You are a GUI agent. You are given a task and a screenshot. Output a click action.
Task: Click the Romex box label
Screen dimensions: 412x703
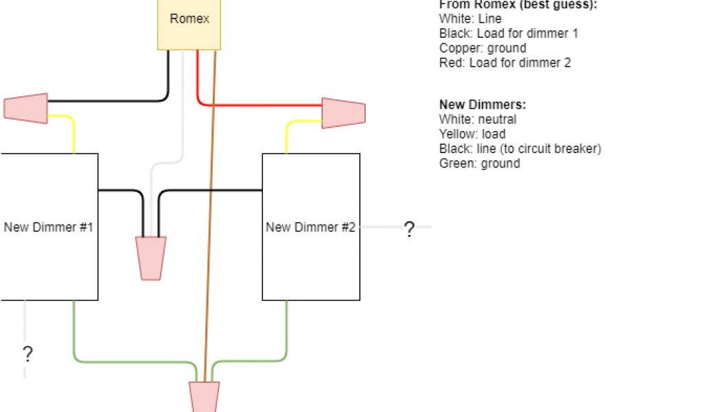pyautogui.click(x=189, y=19)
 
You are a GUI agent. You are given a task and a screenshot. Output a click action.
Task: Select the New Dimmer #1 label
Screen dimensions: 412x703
pyautogui.click(x=48, y=227)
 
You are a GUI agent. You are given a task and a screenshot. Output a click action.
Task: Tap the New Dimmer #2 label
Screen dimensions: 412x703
pyautogui.click(x=310, y=227)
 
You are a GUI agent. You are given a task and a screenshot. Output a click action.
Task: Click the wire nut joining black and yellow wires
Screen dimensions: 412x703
pyautogui.click(x=26, y=108)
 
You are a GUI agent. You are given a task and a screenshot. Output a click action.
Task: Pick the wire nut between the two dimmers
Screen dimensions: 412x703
pyautogui.click(x=152, y=258)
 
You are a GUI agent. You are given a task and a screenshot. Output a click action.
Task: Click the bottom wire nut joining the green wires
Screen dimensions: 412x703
pyautogui.click(x=204, y=397)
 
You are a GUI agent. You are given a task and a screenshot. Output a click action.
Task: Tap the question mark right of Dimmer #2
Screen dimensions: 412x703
pyautogui.click(x=409, y=229)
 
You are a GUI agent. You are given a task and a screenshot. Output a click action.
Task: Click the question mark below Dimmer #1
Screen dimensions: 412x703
pyautogui.click(x=27, y=354)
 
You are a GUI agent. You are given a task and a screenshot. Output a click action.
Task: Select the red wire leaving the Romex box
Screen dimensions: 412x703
pyautogui.click(x=261, y=105)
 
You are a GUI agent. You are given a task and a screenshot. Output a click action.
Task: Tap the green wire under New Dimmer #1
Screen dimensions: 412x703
pyautogui.click(x=124, y=360)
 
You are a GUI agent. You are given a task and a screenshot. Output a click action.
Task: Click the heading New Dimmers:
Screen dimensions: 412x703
pyautogui.click(x=482, y=104)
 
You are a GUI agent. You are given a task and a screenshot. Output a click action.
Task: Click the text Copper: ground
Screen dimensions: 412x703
pyautogui.click(x=483, y=48)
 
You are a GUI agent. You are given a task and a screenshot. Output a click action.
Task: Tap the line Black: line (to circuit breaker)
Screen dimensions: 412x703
pyautogui.click(x=520, y=148)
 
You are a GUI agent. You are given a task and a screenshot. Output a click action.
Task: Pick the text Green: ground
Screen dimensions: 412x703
pyautogui.click(x=479, y=163)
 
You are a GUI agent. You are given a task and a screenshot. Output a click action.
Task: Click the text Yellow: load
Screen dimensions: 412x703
pyautogui.click(x=472, y=134)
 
